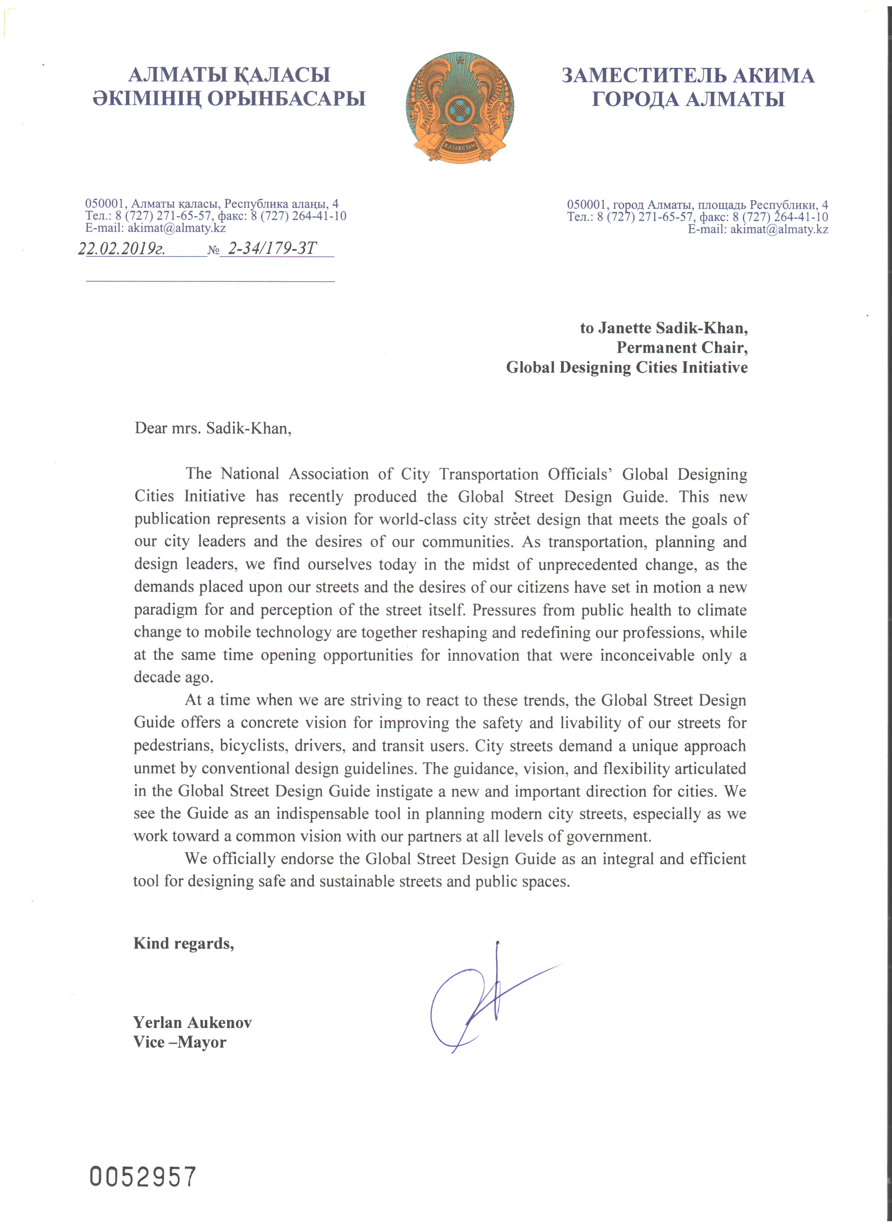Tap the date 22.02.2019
[x=121, y=249]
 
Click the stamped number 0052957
[x=143, y=1176]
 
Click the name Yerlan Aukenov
[x=192, y=1022]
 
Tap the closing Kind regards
[x=184, y=943]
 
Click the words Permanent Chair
[x=682, y=347]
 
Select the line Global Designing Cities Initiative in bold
[x=626, y=367]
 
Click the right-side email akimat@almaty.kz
[x=779, y=229]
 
